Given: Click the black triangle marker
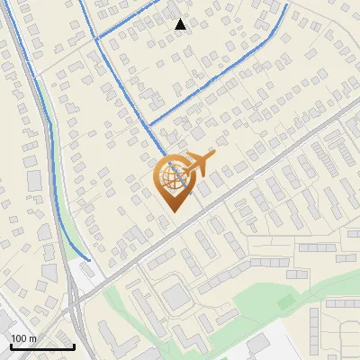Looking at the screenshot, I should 181,24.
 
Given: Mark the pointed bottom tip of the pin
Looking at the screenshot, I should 172,212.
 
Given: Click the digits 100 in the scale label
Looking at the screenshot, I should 19,338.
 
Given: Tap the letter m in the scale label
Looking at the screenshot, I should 32,338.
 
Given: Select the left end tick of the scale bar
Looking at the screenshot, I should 11,346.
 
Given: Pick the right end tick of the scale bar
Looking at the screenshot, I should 74,346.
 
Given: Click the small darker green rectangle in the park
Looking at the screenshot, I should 285,302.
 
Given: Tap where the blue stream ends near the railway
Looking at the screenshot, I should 89,261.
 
